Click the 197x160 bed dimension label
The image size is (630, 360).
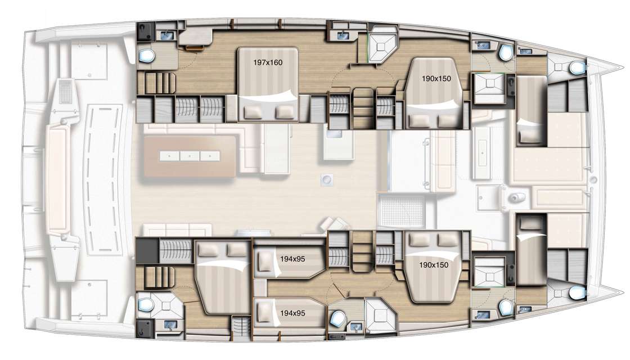click(x=268, y=62)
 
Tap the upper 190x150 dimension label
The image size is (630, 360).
click(x=436, y=79)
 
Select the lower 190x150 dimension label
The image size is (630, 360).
click(x=434, y=265)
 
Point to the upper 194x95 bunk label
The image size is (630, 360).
click(x=292, y=259)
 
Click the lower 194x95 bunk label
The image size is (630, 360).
click(x=292, y=313)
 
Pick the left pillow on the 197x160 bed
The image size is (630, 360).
click(x=253, y=112)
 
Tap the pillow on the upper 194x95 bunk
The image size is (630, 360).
click(x=264, y=262)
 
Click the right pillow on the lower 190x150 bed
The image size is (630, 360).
click(x=447, y=240)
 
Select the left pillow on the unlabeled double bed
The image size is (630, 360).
click(x=209, y=250)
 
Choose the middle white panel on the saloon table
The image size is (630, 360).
click(x=190, y=156)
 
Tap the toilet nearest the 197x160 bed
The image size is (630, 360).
click(x=146, y=56)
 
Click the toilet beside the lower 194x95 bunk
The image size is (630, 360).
click(x=337, y=318)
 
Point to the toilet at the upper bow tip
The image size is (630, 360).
click(x=577, y=68)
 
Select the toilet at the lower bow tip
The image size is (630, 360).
click(x=577, y=293)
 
